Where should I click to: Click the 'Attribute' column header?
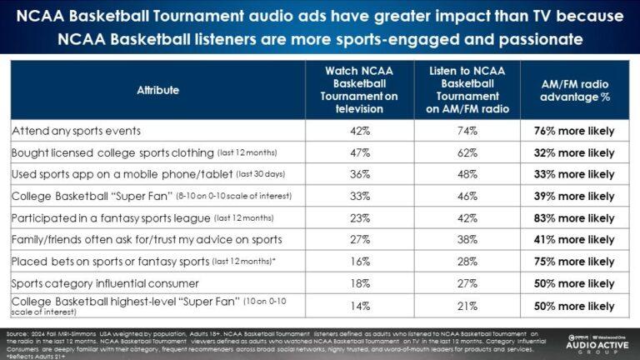tap(158, 90)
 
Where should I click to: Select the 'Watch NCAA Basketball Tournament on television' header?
tap(361, 90)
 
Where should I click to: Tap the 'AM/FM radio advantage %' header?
tap(575, 90)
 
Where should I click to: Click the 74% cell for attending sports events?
tap(467, 131)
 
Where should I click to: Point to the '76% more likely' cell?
tap(575, 131)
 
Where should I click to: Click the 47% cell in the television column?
tap(361, 152)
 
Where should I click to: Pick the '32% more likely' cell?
tap(575, 152)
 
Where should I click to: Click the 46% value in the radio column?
tap(467, 196)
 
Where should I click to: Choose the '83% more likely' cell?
tap(575, 217)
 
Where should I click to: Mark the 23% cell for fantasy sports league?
tap(361, 217)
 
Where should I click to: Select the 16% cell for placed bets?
tap(361, 261)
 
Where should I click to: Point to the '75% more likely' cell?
tap(575, 261)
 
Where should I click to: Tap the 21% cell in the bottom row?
tap(467, 306)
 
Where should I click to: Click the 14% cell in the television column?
tap(361, 306)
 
